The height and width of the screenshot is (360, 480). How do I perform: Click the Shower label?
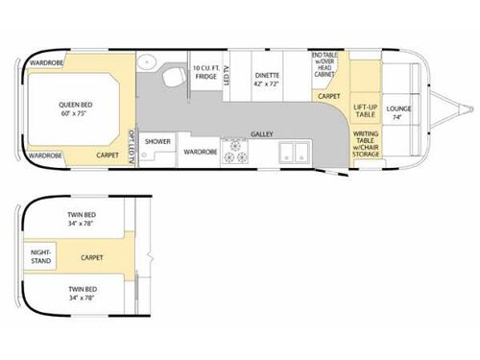click(157, 142)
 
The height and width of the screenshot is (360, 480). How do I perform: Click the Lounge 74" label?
click(399, 112)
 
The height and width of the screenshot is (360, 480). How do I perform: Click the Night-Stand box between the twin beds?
click(43, 256)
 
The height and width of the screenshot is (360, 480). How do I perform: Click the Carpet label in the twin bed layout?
click(92, 257)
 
